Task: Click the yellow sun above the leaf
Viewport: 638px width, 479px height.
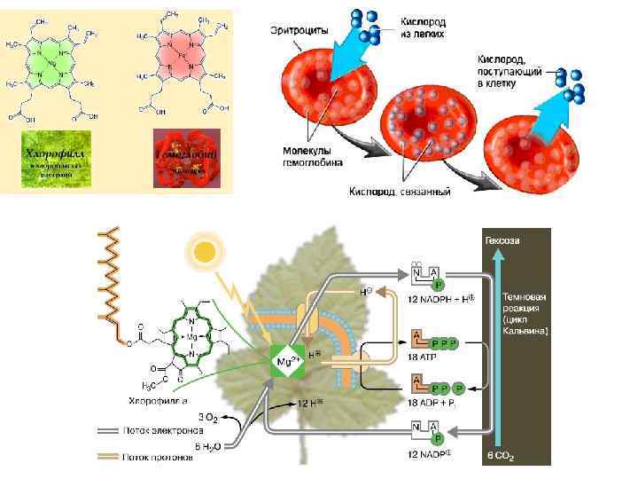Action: [x=206, y=252]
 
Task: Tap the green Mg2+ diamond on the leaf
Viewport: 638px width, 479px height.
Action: [x=284, y=363]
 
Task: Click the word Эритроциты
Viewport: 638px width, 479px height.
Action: [x=299, y=30]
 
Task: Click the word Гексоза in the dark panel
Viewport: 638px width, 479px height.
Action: [x=502, y=239]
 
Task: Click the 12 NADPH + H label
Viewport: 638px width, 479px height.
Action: [x=441, y=298]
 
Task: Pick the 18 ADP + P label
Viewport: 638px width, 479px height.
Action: [x=434, y=403]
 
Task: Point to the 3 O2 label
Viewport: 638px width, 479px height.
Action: [x=208, y=416]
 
